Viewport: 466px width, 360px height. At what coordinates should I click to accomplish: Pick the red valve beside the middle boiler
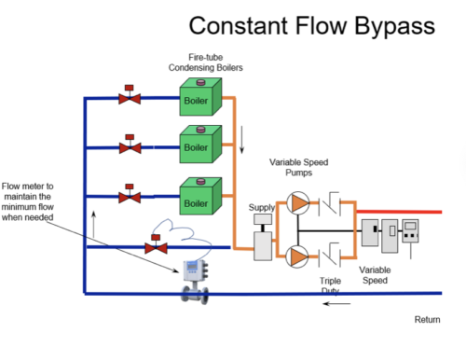point(130,145)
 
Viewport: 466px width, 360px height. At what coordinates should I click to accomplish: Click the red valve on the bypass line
point(155,247)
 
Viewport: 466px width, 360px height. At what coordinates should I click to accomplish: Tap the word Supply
point(263,207)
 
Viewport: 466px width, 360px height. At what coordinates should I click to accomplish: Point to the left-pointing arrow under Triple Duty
point(337,303)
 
